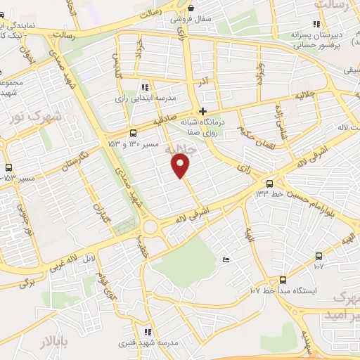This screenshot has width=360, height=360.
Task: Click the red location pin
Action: (x=181, y=166)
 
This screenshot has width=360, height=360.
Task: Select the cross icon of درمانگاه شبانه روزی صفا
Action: (x=203, y=111)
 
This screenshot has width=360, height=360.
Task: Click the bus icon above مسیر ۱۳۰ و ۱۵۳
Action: (x=133, y=132)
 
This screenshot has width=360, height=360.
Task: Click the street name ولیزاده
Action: (x=260, y=72)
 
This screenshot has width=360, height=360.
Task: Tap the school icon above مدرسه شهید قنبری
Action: (x=146, y=332)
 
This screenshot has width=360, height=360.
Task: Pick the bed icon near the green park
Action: (x=225, y=261)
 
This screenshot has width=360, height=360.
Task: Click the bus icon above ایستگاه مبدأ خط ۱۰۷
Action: (x=283, y=279)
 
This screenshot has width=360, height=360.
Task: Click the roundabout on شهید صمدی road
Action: (x=150, y=227)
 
